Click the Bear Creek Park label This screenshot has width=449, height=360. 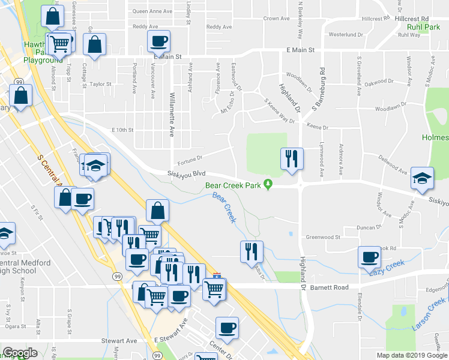(233, 185)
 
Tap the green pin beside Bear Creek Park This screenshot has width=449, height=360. (268, 185)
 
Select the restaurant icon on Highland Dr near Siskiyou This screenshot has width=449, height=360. (292, 158)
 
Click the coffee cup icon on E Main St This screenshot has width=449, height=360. (158, 41)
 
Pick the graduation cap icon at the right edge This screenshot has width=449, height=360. (421, 178)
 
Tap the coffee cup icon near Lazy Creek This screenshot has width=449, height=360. (369, 257)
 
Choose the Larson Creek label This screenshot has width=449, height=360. (429, 316)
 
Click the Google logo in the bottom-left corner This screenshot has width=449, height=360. (19, 353)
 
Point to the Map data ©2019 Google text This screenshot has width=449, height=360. (412, 355)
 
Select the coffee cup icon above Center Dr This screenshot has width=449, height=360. (227, 328)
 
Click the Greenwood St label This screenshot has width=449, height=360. (323, 238)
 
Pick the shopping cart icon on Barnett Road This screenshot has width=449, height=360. (214, 289)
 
